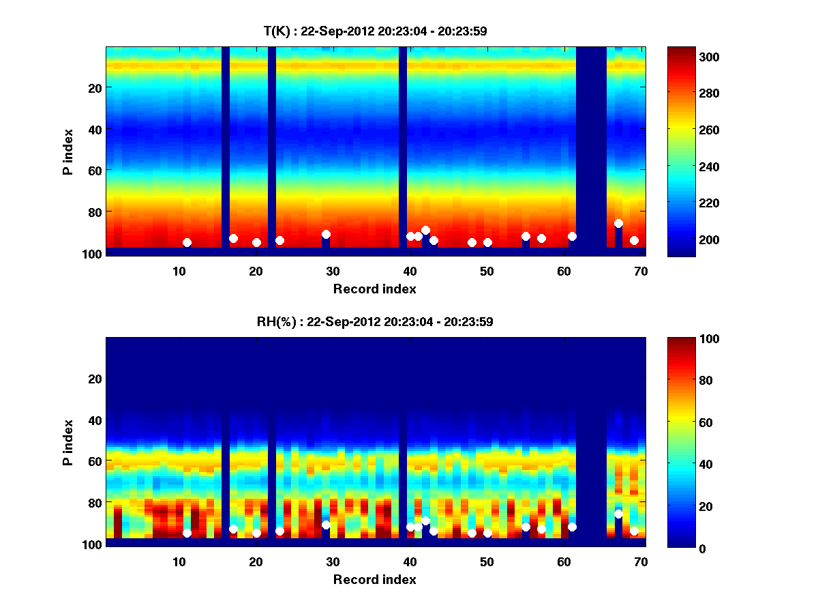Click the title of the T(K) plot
(375, 31)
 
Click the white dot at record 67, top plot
(618, 223)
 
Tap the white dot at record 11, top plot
(187, 242)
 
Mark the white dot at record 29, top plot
(326, 234)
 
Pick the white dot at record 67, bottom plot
(618, 514)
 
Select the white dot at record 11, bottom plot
(187, 533)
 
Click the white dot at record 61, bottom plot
(572, 527)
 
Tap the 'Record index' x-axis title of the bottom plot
(375, 579)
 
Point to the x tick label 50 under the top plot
(487, 270)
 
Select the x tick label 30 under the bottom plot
(333, 561)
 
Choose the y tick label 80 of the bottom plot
(94, 503)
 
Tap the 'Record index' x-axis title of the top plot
(375, 289)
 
